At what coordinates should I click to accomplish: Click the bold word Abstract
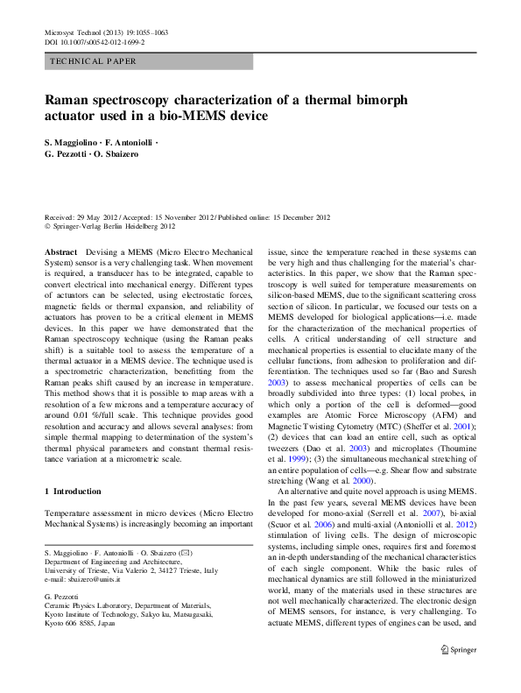click(60, 251)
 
